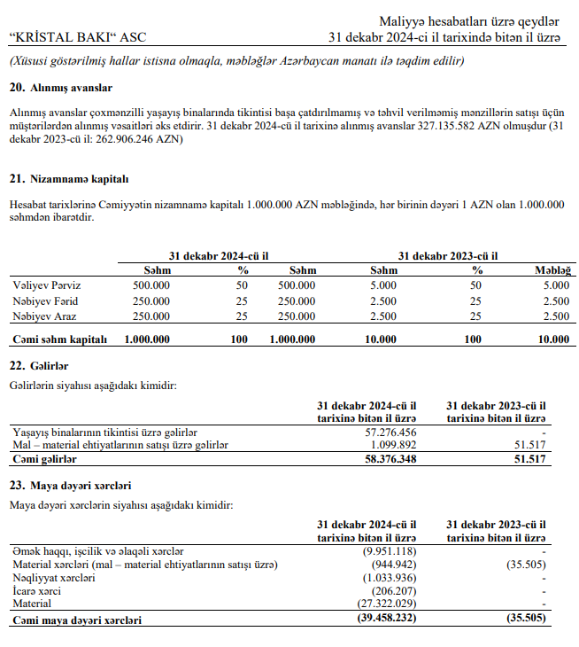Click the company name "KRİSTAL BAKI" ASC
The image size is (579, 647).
[x=76, y=37]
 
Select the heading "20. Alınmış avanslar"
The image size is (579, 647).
[x=61, y=88]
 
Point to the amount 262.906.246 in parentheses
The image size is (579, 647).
[x=125, y=139]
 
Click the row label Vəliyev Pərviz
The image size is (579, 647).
[x=46, y=285]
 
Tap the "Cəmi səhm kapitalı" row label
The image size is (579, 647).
[x=59, y=339]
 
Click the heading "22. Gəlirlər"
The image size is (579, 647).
[x=39, y=366]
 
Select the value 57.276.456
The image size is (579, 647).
[x=390, y=432]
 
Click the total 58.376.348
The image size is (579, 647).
[x=390, y=459]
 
